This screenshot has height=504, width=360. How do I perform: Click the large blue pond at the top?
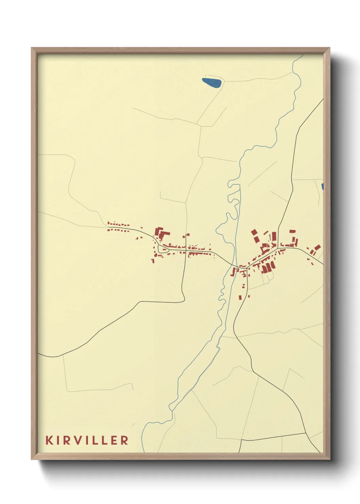212,83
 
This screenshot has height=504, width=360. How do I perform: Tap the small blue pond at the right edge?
322,187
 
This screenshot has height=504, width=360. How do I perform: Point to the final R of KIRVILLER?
124,440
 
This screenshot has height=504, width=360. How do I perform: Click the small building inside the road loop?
165,249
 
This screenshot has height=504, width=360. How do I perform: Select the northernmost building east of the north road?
292,231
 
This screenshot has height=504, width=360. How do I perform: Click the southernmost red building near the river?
241,298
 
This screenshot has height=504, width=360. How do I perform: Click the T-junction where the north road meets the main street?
278,247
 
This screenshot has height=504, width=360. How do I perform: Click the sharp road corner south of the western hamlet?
184,301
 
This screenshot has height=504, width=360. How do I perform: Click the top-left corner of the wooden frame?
32,48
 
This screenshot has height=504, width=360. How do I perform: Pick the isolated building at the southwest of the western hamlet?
153,261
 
